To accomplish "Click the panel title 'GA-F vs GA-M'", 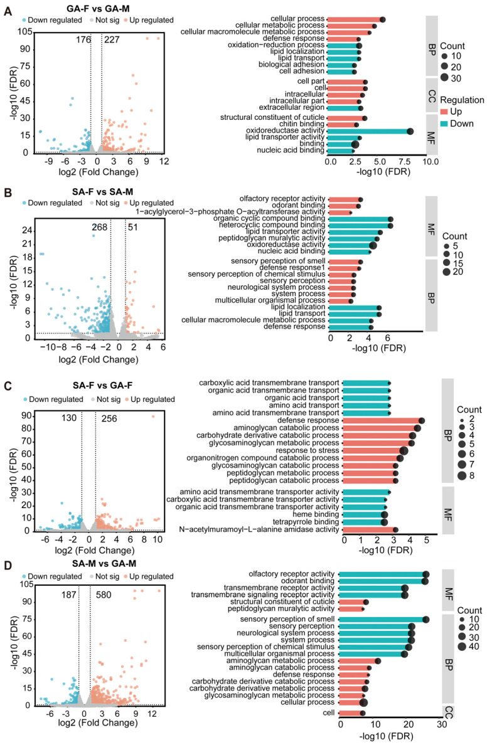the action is (97, 9).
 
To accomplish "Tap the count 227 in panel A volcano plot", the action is (112, 40).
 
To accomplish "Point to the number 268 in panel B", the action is (99, 227).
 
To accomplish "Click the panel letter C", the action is (8, 385).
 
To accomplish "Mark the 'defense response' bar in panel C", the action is (382, 421).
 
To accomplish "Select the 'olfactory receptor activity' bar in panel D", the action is (383, 574).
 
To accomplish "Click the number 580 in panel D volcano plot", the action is (104, 594).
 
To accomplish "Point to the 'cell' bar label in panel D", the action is (329, 712).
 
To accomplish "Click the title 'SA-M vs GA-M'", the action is (104, 564).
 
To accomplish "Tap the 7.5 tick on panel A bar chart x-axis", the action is (404, 162).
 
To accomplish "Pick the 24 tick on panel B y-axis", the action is (26, 230).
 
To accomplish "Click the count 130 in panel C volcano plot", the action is (69, 418).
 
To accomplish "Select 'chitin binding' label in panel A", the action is (301, 124).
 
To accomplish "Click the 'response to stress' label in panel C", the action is (308, 450).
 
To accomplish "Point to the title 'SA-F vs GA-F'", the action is (103, 385).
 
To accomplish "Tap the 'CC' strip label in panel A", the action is (431, 97).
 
